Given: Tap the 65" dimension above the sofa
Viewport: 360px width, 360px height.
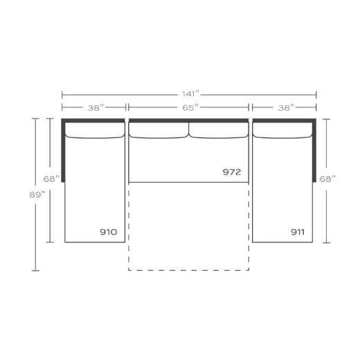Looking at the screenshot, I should click(188, 107).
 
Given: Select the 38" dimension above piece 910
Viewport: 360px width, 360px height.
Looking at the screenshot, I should click(95, 107).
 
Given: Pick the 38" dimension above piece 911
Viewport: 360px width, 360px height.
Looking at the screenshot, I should click(284, 107).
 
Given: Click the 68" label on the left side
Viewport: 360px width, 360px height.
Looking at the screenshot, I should click(51, 179).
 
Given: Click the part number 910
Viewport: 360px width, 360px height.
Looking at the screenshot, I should click(107, 232).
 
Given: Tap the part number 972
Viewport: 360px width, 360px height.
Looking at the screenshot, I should click(232, 172).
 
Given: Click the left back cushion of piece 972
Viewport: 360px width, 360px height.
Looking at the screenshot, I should click(159, 130).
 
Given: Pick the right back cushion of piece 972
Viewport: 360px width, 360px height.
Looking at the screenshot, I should click(218, 130).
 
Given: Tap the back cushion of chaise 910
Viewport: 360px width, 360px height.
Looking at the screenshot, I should click(95, 131).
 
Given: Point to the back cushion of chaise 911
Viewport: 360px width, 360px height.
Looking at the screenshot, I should click(282, 131).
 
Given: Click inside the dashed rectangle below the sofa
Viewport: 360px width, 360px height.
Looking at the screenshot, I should click(188, 228).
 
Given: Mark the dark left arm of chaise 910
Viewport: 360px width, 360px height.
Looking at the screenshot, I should click(62, 149).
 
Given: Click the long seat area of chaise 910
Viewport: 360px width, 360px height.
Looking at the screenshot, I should click(95, 187).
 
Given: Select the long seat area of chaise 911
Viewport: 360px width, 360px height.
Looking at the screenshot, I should click(282, 187).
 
